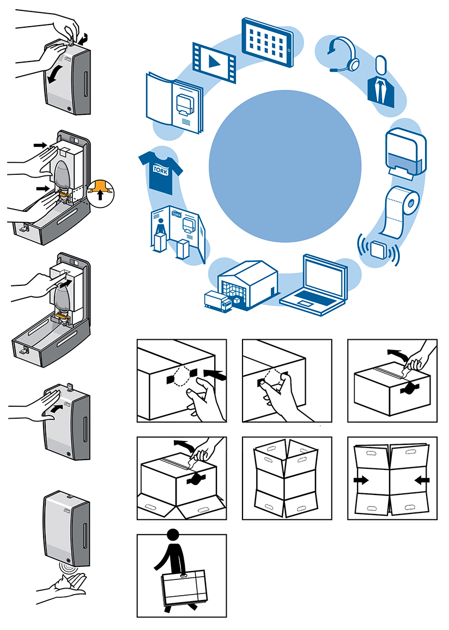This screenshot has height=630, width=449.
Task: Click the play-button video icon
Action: tap(213, 62)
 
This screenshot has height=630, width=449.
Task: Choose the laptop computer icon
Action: tap(315, 282)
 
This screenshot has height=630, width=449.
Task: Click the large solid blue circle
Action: tap(285, 166)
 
